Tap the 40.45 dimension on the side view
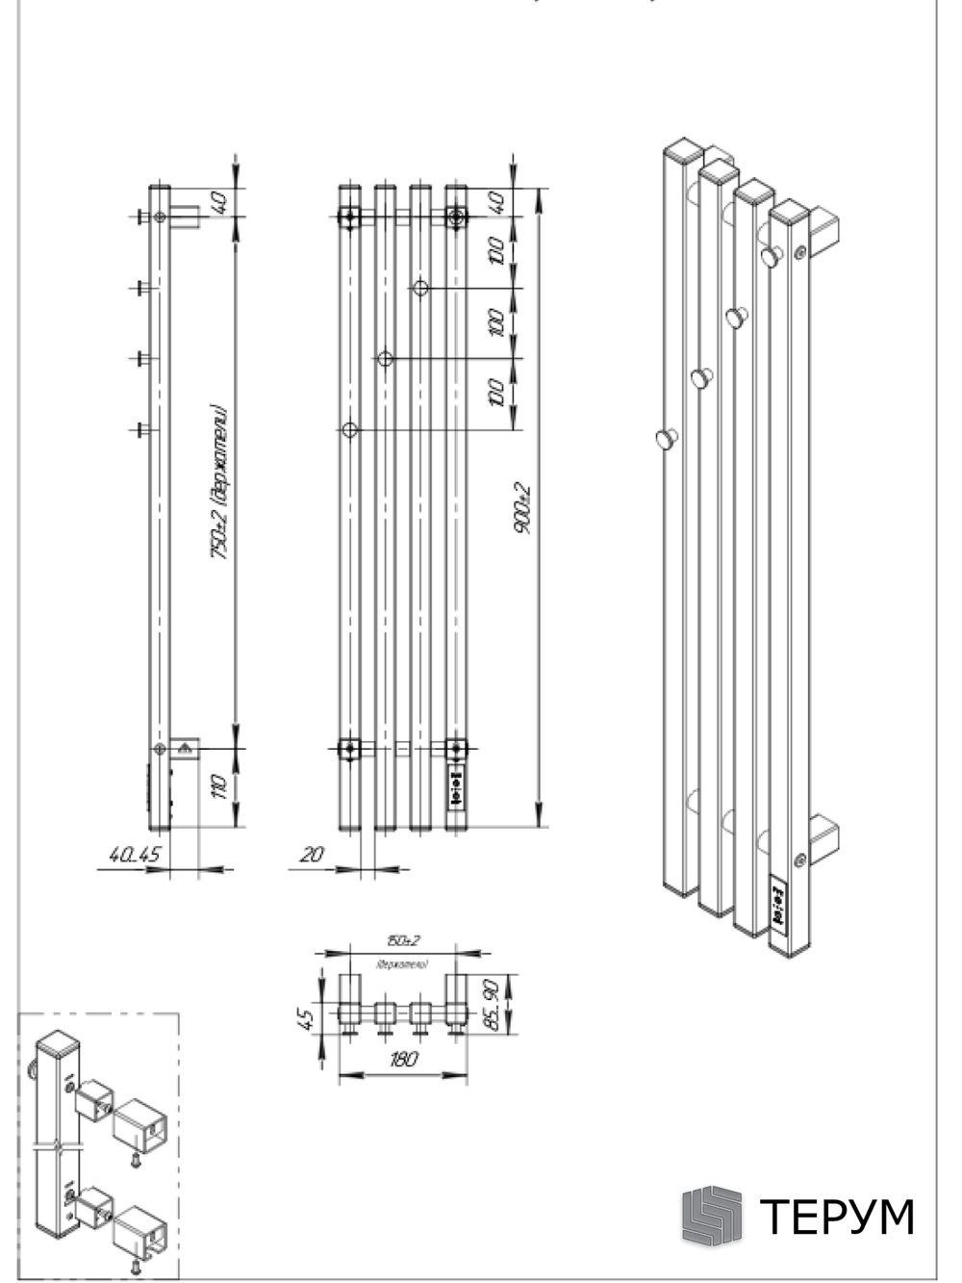(x=135, y=854)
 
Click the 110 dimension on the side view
(x=220, y=786)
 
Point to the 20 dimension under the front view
(x=312, y=854)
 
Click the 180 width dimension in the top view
(x=403, y=1060)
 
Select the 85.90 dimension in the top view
(x=492, y=1005)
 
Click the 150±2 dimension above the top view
(x=404, y=940)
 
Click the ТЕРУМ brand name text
(x=837, y=1217)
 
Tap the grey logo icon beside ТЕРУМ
(x=712, y=1215)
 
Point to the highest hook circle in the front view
(x=420, y=288)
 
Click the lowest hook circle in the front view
(x=350, y=429)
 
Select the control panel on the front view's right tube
(x=456, y=784)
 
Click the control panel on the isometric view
(x=778, y=906)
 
